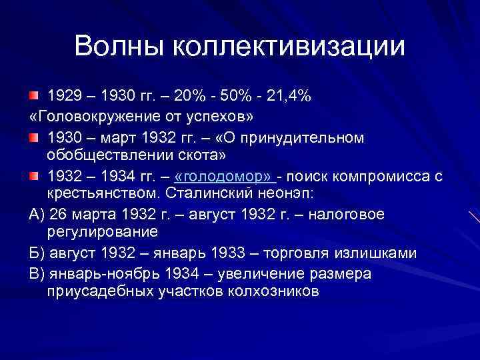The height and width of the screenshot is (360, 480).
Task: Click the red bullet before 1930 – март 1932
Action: [x=35, y=137]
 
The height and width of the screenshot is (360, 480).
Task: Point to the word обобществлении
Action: [x=111, y=156]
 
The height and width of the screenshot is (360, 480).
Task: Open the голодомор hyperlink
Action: [x=224, y=176]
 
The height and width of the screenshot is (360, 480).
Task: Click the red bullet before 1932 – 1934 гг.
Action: [x=35, y=176]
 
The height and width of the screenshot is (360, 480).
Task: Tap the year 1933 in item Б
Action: [x=231, y=253]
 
